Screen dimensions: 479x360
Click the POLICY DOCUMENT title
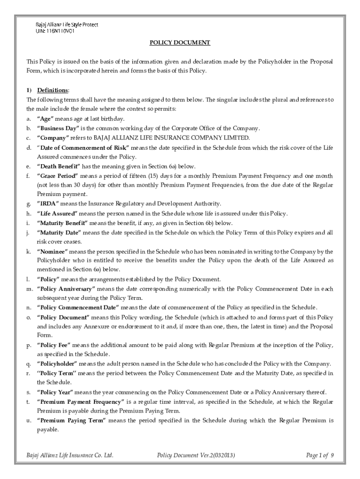180,43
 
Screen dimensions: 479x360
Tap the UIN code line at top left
54,31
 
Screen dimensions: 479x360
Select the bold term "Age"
46,118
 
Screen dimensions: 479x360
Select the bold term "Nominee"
51,251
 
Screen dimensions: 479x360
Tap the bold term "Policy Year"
55,392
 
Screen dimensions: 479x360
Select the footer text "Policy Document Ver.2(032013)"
196,455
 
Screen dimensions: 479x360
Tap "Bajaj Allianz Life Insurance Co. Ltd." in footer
70,455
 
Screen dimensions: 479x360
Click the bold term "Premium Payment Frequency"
80,402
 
